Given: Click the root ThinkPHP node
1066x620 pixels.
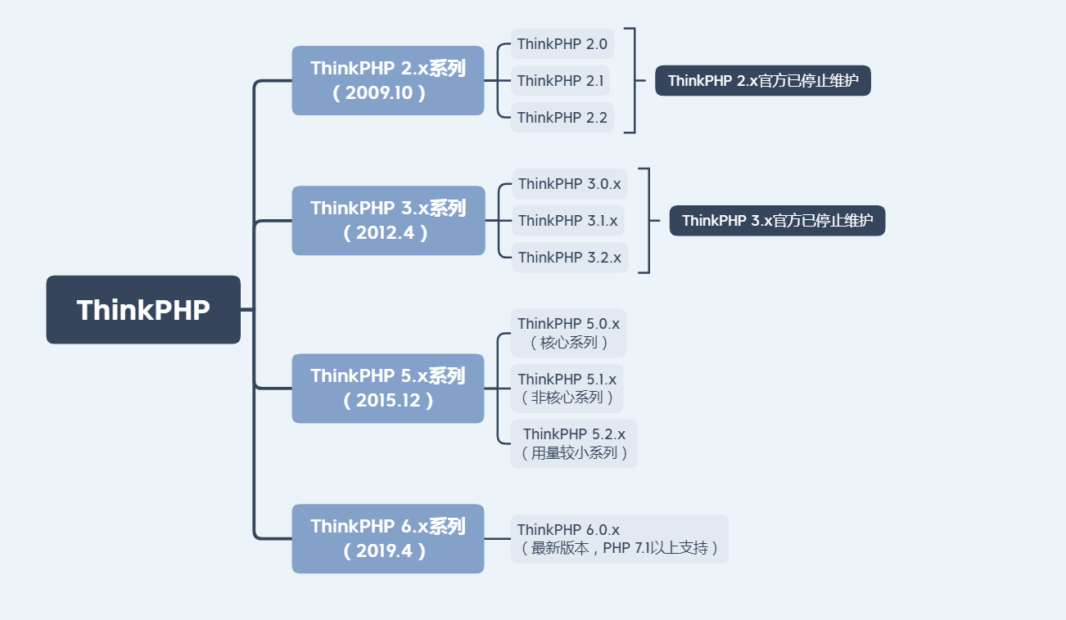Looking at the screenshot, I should coord(143,310).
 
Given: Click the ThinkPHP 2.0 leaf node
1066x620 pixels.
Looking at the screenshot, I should coord(562,44).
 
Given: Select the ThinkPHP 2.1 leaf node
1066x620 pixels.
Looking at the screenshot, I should coord(561,81).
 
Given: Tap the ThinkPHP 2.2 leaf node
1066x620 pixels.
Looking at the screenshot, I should coord(562,118).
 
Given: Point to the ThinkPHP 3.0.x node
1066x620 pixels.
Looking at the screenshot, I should coord(570,184).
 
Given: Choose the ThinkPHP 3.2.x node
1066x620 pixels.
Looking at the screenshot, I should coord(570,258).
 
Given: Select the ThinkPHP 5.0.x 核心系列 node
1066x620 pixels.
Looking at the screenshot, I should coord(568,333).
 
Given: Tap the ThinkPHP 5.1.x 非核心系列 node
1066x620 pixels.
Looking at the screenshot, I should coord(567,389).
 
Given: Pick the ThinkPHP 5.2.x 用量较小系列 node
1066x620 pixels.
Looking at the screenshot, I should coord(574,443).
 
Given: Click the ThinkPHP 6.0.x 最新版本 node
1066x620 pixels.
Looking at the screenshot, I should coord(620,539).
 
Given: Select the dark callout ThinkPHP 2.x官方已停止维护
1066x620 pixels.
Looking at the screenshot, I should coord(762,81).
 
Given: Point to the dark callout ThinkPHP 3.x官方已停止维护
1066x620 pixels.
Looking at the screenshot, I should coord(777,221).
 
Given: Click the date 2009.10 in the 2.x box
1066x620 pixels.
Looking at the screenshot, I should coord(379,93).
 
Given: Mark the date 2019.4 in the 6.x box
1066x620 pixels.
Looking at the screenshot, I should coord(384,551).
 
